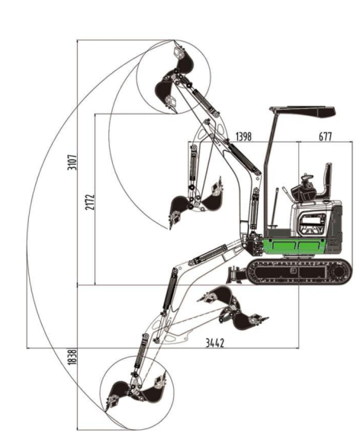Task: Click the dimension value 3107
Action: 73,162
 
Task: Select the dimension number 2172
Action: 90,202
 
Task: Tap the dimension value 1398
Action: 243,136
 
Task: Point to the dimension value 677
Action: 325,136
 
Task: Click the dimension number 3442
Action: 215,343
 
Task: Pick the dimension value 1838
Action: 73,358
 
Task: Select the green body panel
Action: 294,246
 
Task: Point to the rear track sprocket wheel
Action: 339,272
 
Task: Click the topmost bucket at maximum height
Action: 183,61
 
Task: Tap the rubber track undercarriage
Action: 299,271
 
